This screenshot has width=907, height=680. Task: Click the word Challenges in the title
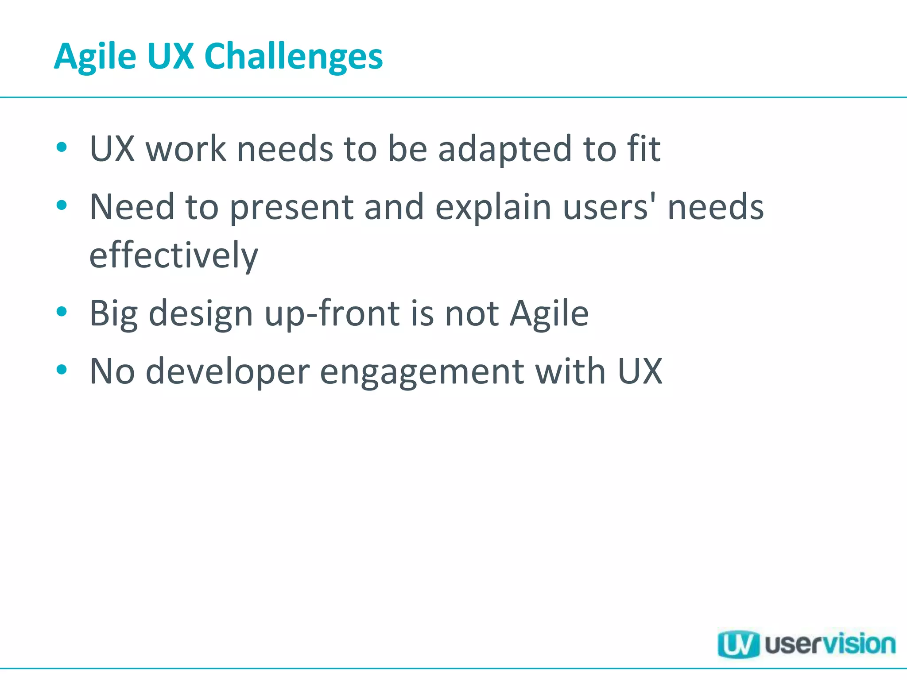(293, 57)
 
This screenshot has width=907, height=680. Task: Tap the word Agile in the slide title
(95, 57)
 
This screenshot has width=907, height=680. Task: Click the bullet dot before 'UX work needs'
(62, 147)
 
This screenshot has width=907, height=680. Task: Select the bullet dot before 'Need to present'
(62, 205)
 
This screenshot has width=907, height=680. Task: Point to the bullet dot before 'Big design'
(62, 312)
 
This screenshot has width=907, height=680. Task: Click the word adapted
(505, 149)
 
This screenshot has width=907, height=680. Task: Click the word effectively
(174, 255)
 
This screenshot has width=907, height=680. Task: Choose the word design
(201, 314)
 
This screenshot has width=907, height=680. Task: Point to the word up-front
(332, 313)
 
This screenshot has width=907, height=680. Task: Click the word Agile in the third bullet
(549, 314)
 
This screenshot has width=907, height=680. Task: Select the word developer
(228, 371)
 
